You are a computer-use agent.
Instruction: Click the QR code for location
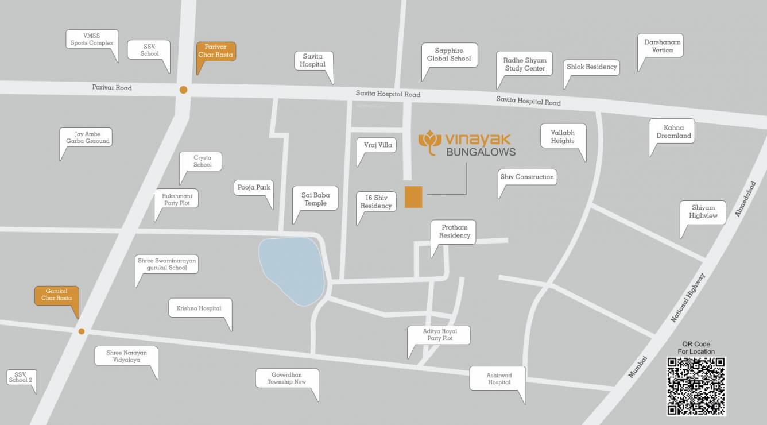tap(696, 386)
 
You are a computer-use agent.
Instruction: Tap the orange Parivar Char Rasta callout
tap(216, 51)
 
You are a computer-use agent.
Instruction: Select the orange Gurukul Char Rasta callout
tap(57, 295)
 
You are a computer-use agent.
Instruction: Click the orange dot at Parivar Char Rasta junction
tap(183, 90)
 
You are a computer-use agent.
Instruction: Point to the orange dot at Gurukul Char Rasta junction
tap(82, 331)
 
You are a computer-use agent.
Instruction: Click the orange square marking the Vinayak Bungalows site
tap(413, 197)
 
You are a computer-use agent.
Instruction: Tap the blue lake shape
tap(292, 271)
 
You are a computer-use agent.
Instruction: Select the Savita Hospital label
tap(312, 60)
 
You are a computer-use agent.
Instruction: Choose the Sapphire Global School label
tap(449, 55)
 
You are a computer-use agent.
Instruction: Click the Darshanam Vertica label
tap(662, 46)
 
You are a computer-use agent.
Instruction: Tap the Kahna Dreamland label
tap(673, 132)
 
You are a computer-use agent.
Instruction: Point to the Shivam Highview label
tap(703, 212)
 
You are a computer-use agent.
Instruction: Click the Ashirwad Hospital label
tap(499, 378)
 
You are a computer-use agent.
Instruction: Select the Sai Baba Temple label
tap(315, 199)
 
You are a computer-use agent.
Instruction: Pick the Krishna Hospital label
tap(199, 308)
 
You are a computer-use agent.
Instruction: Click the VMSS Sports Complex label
tap(92, 39)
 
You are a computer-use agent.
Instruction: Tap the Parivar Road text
tap(112, 88)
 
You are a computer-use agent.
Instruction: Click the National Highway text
tap(688, 297)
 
